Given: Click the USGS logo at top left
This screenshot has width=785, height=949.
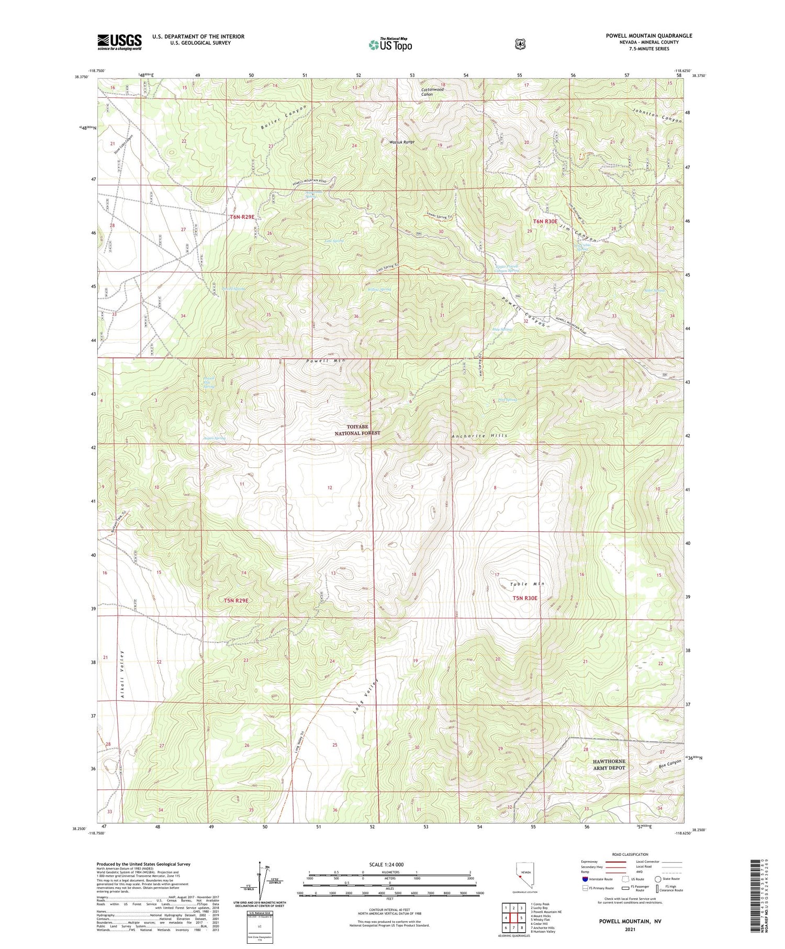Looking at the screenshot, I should [119, 42].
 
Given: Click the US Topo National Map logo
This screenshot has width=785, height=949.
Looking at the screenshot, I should [390, 44].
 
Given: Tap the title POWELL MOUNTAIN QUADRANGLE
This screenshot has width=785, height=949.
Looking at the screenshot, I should [648, 36].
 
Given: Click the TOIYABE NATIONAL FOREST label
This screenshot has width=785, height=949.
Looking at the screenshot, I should [357, 430].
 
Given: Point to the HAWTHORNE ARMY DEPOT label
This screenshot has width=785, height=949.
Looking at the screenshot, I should [609, 764].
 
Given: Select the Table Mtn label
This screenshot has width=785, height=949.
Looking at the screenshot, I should [528, 584].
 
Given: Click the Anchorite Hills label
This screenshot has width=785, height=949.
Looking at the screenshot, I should [479, 436].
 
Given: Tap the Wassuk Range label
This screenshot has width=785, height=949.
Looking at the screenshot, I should [401, 142].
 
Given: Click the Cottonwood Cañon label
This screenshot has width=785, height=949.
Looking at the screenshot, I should [432, 92].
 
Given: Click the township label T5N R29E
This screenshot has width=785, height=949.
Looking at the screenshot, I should [236, 600].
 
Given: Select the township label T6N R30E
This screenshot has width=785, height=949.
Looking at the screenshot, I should [545, 221].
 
